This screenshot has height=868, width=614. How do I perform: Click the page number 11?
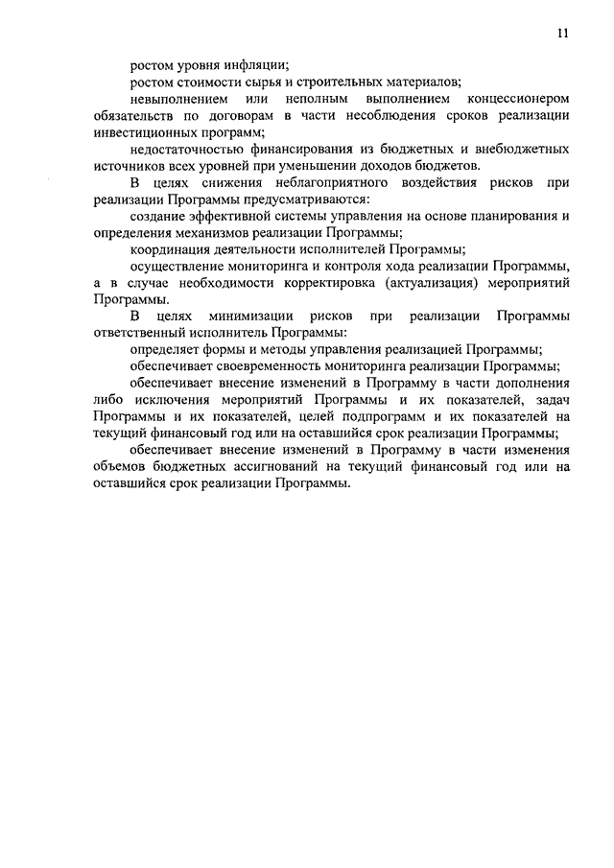pyautogui.click(x=562, y=33)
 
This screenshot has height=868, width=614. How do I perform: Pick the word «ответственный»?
pyautogui.click(x=140, y=333)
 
